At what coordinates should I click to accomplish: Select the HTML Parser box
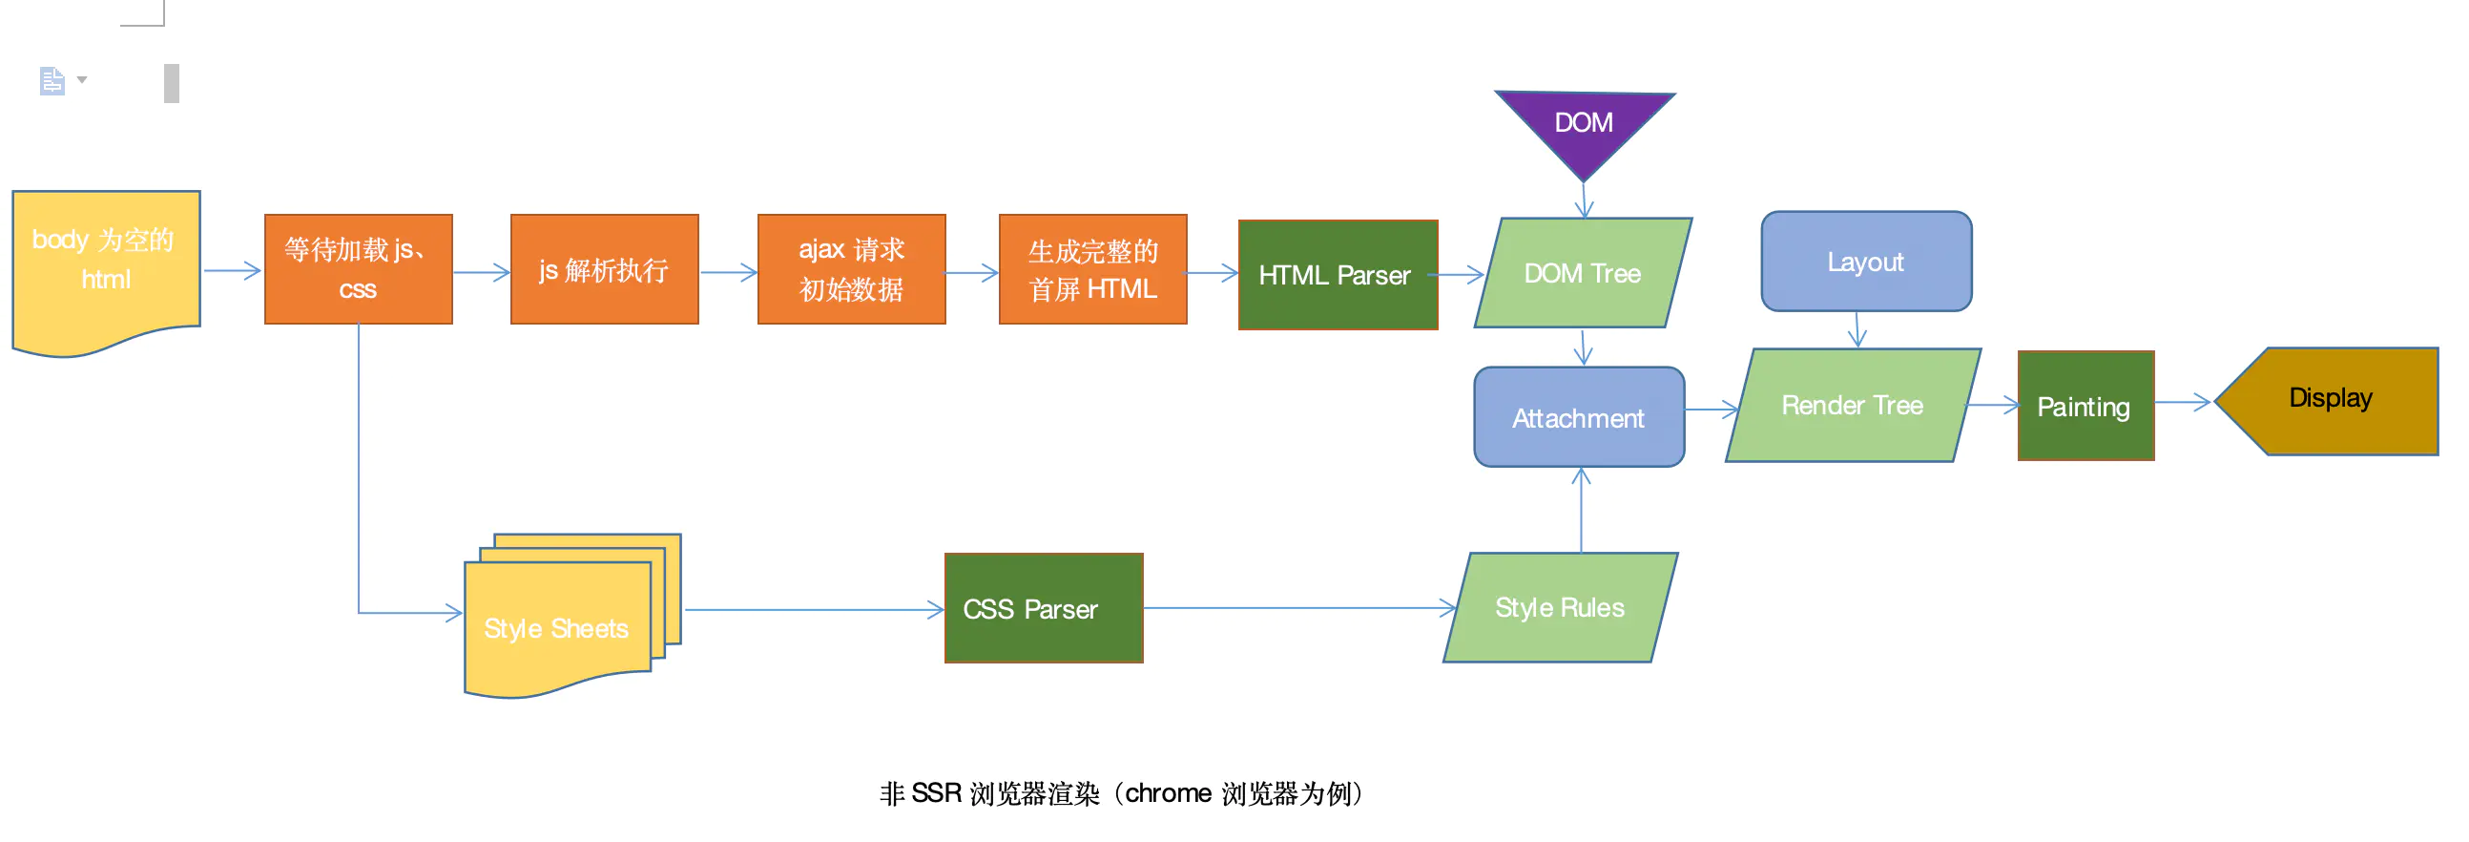click(x=1337, y=275)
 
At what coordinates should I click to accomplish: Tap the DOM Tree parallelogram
click(x=1583, y=273)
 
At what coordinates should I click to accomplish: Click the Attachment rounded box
click(x=1579, y=417)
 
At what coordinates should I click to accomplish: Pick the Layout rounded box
click(x=1865, y=262)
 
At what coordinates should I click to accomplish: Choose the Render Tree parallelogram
click(x=1852, y=406)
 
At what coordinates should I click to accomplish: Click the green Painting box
click(x=2085, y=407)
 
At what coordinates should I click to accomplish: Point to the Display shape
click(x=2330, y=399)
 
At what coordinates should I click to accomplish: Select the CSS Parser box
click(x=1043, y=608)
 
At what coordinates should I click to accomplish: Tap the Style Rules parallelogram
click(x=1560, y=607)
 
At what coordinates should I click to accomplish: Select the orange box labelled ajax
click(x=851, y=269)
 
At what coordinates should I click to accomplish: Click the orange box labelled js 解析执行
click(x=604, y=269)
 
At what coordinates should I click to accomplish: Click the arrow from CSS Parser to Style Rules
click(x=1298, y=608)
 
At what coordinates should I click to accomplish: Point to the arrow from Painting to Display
click(x=2183, y=403)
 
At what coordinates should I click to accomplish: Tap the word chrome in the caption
click(x=1168, y=794)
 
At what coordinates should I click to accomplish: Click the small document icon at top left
click(x=52, y=80)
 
